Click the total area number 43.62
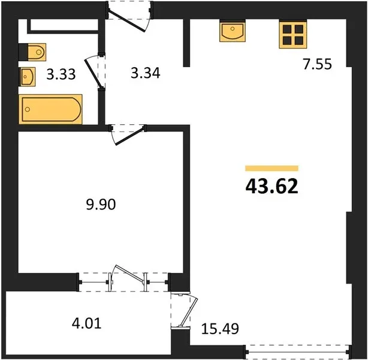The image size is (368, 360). (272, 185)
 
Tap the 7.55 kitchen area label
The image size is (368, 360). (318, 64)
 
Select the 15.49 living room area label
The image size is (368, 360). (220, 329)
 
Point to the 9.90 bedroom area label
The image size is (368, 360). (101, 204)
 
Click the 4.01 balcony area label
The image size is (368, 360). (86, 323)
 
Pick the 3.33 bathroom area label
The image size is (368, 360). (61, 74)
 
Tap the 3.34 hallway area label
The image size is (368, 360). (146, 73)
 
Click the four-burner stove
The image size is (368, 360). (293, 34)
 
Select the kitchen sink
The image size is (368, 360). (233, 31)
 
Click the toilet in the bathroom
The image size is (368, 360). (32, 52)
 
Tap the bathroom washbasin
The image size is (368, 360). (27, 77)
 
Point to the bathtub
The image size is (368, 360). (50, 109)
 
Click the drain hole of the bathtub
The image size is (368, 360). (28, 109)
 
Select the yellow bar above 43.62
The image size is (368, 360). (272, 168)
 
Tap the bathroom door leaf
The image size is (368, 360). (93, 73)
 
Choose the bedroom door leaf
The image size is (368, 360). (130, 136)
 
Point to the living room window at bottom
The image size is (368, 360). (298, 352)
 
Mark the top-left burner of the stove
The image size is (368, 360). (287, 29)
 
